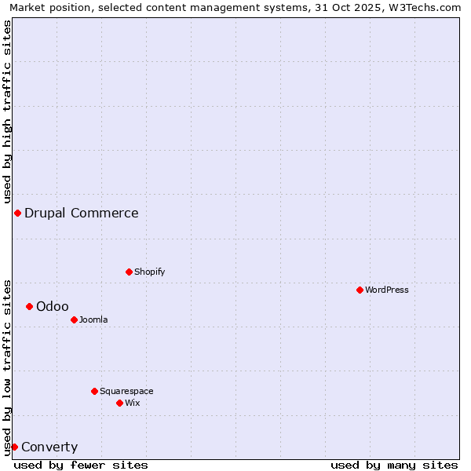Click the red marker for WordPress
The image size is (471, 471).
tap(360, 290)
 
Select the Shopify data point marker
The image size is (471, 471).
tap(129, 272)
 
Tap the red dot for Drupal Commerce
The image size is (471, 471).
tap(17, 213)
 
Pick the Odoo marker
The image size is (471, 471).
tap(29, 306)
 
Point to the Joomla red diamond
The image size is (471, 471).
tap(74, 319)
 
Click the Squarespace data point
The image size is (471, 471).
tap(94, 391)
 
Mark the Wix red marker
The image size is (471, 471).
tap(119, 403)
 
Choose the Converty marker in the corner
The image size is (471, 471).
tap(14, 447)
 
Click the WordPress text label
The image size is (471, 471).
tap(387, 290)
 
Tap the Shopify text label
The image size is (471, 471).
tap(150, 272)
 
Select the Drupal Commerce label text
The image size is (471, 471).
tap(82, 213)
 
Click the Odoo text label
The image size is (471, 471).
tap(53, 306)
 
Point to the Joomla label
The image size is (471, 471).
tap(93, 319)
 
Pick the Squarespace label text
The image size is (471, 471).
tap(126, 391)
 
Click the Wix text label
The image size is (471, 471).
tap(133, 403)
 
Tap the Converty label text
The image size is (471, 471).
tap(49, 447)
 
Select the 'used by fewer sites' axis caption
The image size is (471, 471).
tap(81, 465)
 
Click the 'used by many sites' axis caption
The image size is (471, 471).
tap(394, 465)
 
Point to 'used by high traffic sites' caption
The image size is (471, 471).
tap(7, 110)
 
